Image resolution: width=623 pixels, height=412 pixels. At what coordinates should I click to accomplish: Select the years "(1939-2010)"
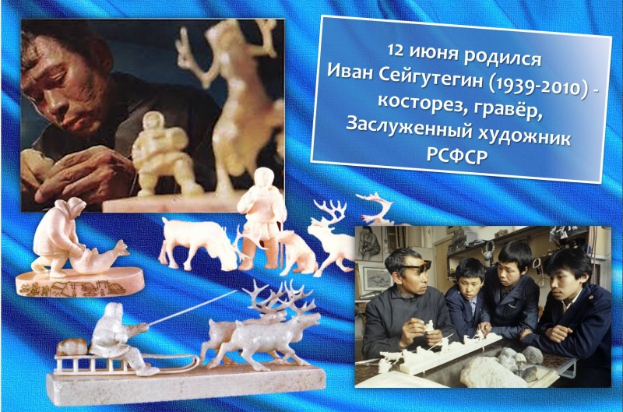(534, 86)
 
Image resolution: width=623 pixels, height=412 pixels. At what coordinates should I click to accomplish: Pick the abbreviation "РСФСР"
(457, 155)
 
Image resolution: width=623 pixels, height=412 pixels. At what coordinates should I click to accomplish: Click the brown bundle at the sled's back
(72, 347)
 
